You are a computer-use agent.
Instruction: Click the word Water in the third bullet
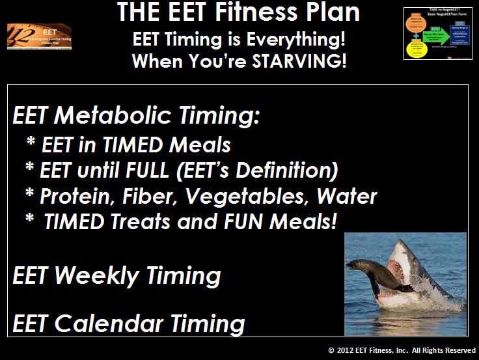345,196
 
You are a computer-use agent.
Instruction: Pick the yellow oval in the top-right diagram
416,48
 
